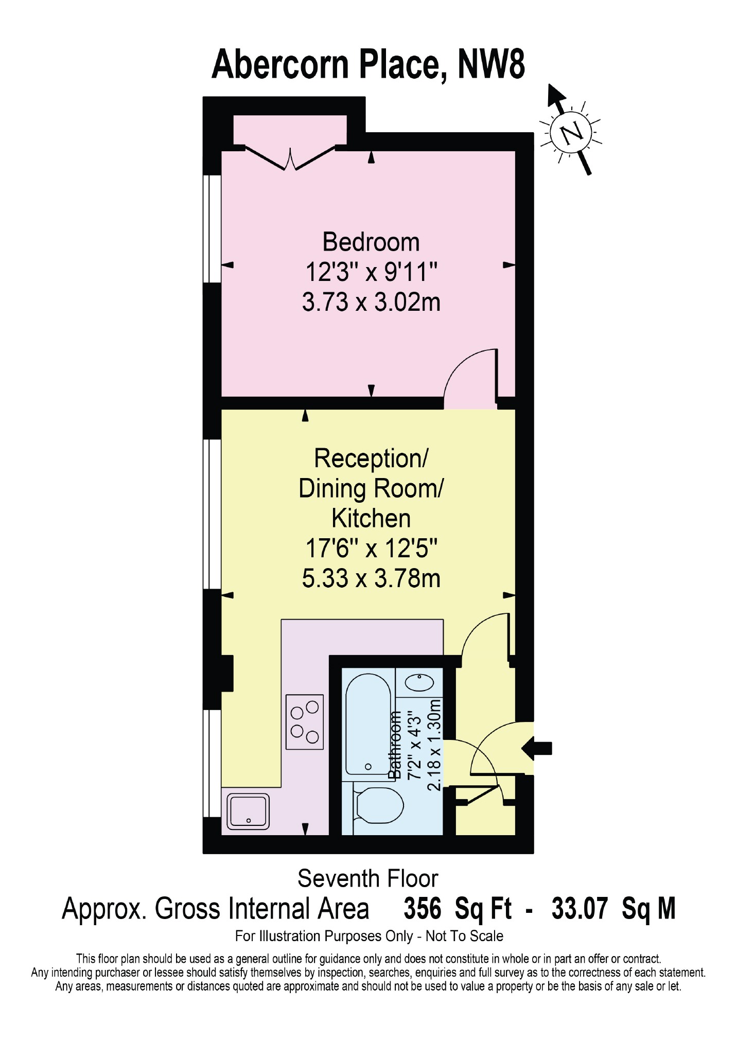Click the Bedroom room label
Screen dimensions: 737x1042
(x=371, y=242)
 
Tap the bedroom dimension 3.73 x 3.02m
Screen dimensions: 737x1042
(x=371, y=302)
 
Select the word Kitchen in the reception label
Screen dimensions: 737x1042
(x=371, y=518)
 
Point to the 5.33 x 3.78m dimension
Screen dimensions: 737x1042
(x=371, y=578)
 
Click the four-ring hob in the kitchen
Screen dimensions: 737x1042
(x=305, y=722)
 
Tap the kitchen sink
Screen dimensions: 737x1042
(x=248, y=811)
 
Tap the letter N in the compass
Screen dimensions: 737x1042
(x=572, y=134)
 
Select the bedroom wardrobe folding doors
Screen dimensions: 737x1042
(x=291, y=157)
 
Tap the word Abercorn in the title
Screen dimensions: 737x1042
(x=281, y=64)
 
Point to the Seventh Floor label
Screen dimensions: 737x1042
(x=367, y=878)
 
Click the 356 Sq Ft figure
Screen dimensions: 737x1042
(x=458, y=909)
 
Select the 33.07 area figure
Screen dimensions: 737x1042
(x=580, y=909)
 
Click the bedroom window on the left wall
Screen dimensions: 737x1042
(x=212, y=229)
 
